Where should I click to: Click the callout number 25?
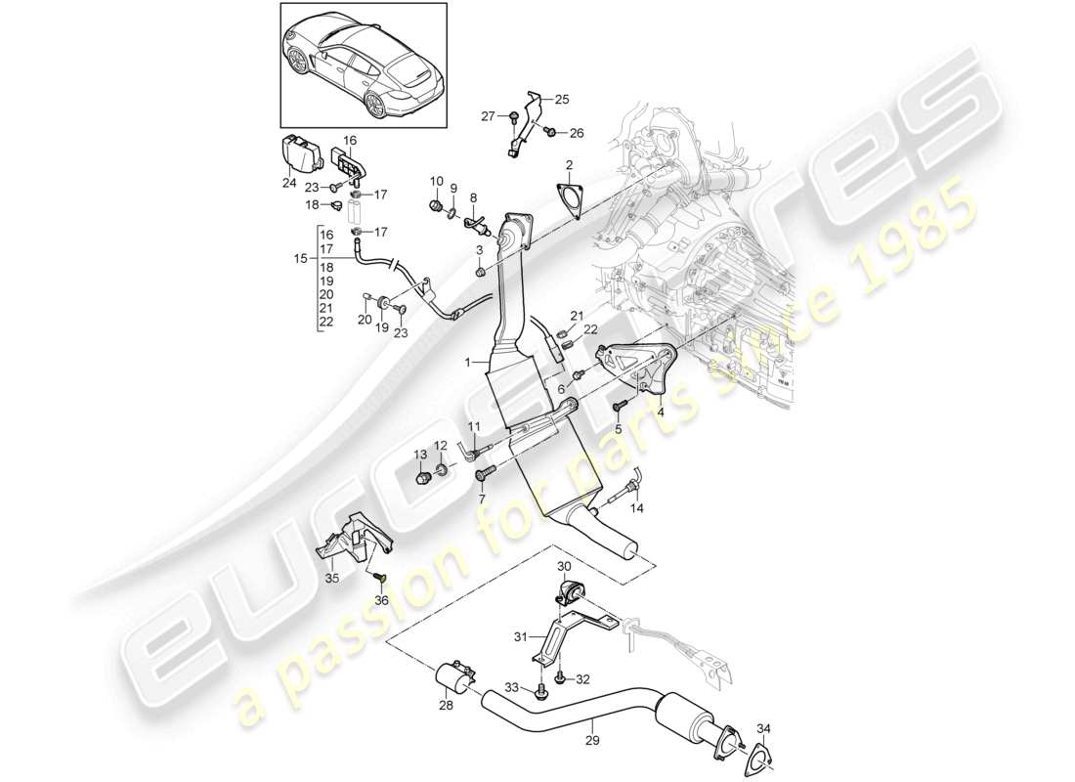pos(562,99)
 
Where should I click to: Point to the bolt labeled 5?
pos(618,406)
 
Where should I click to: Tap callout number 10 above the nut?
pos(435,181)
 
